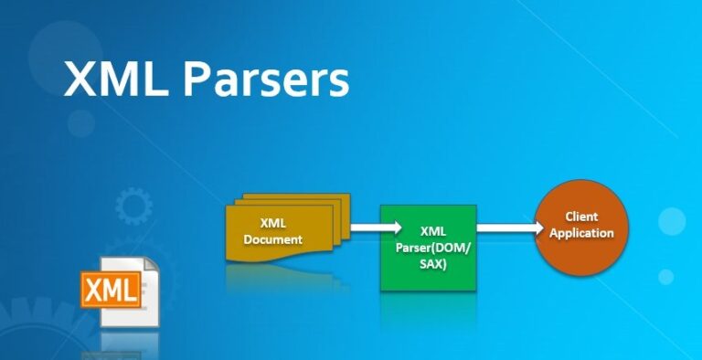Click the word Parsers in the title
(x=265, y=79)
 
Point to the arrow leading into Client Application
(x=508, y=228)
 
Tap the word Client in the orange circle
(x=582, y=217)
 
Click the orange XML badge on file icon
(x=110, y=291)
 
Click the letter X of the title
(x=80, y=79)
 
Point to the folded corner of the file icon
(x=152, y=266)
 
